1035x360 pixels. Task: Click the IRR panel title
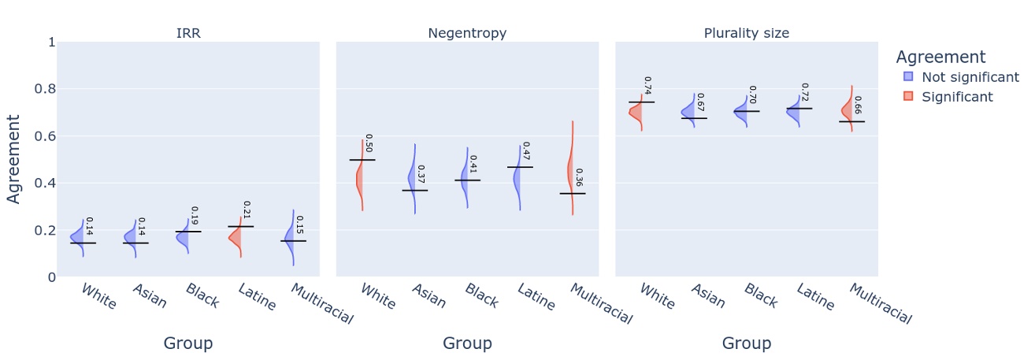click(187, 33)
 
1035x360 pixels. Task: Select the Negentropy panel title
click(467, 33)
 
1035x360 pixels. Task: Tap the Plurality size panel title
click(746, 33)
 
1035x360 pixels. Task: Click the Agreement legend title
click(940, 58)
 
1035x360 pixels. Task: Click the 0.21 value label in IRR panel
click(246, 210)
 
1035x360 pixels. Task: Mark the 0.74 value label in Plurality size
click(647, 85)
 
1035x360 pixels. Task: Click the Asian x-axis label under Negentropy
click(428, 295)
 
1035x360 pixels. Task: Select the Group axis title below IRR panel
click(187, 343)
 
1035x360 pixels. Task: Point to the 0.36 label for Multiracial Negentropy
click(580, 178)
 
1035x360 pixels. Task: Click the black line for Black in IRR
click(188, 232)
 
